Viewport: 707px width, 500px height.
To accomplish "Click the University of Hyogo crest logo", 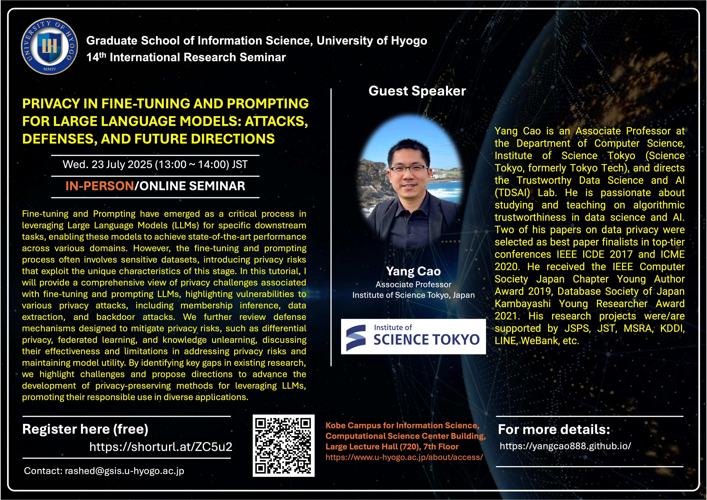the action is coord(49,46).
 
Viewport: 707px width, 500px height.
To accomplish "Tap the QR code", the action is coord(284,445).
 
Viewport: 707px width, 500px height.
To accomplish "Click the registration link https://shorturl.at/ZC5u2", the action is coord(161,447).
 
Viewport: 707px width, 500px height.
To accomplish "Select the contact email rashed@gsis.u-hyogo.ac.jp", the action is coord(124,471).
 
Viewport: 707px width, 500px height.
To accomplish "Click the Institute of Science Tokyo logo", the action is coord(413,336).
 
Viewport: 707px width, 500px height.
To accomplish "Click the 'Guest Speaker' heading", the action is coord(417,91).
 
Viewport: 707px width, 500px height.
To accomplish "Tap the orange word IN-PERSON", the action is coord(100,186).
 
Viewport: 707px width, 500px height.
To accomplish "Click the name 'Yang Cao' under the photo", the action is coord(413,271).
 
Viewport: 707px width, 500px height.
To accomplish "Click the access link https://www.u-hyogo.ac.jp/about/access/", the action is coord(404,457).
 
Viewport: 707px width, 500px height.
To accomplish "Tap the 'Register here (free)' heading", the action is coord(85,429).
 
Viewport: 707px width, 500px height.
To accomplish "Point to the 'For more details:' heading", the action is coord(554,429).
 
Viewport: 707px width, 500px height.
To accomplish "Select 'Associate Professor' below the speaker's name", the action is coord(413,285).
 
